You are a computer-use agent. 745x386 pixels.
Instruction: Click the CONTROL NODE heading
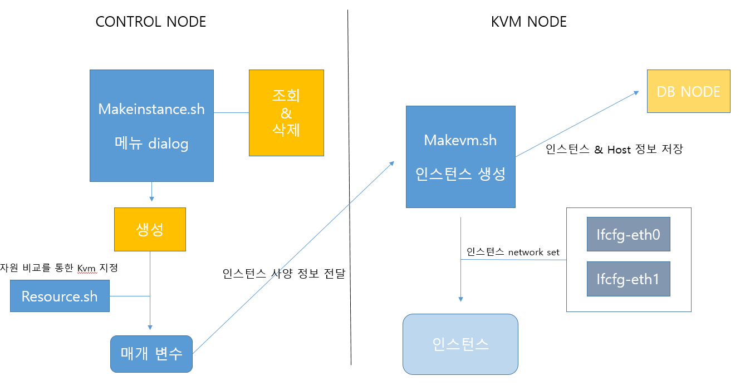pos(151,22)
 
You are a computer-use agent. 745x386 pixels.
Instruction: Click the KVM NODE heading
pos(528,22)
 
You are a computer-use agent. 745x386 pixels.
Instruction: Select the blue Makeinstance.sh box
pos(151,125)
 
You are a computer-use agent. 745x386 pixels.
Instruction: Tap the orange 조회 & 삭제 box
pos(286,112)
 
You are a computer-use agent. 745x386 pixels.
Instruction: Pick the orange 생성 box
pos(150,229)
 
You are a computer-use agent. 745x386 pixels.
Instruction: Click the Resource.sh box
pos(60,296)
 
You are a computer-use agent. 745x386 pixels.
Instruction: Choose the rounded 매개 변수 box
pos(151,354)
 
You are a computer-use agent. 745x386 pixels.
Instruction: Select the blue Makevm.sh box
pos(460,156)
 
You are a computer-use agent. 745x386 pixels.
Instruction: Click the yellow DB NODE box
pos(688,92)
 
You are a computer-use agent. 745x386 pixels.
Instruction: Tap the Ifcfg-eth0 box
pos(628,235)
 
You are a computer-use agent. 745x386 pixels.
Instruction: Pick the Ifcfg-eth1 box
pos(628,279)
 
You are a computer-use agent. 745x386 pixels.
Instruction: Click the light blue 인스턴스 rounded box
pos(460,344)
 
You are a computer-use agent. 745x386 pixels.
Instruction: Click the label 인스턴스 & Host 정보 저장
pos(615,149)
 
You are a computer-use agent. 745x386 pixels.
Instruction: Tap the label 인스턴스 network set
pos(512,252)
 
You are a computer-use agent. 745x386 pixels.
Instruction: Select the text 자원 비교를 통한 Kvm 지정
pos(59,268)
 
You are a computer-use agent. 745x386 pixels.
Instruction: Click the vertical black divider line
pos(350,189)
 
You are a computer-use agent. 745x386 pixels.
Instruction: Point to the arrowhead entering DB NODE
pos(636,93)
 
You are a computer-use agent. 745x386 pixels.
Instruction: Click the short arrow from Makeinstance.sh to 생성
pos(151,192)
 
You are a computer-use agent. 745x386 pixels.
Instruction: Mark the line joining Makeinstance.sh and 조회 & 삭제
pos(231,112)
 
